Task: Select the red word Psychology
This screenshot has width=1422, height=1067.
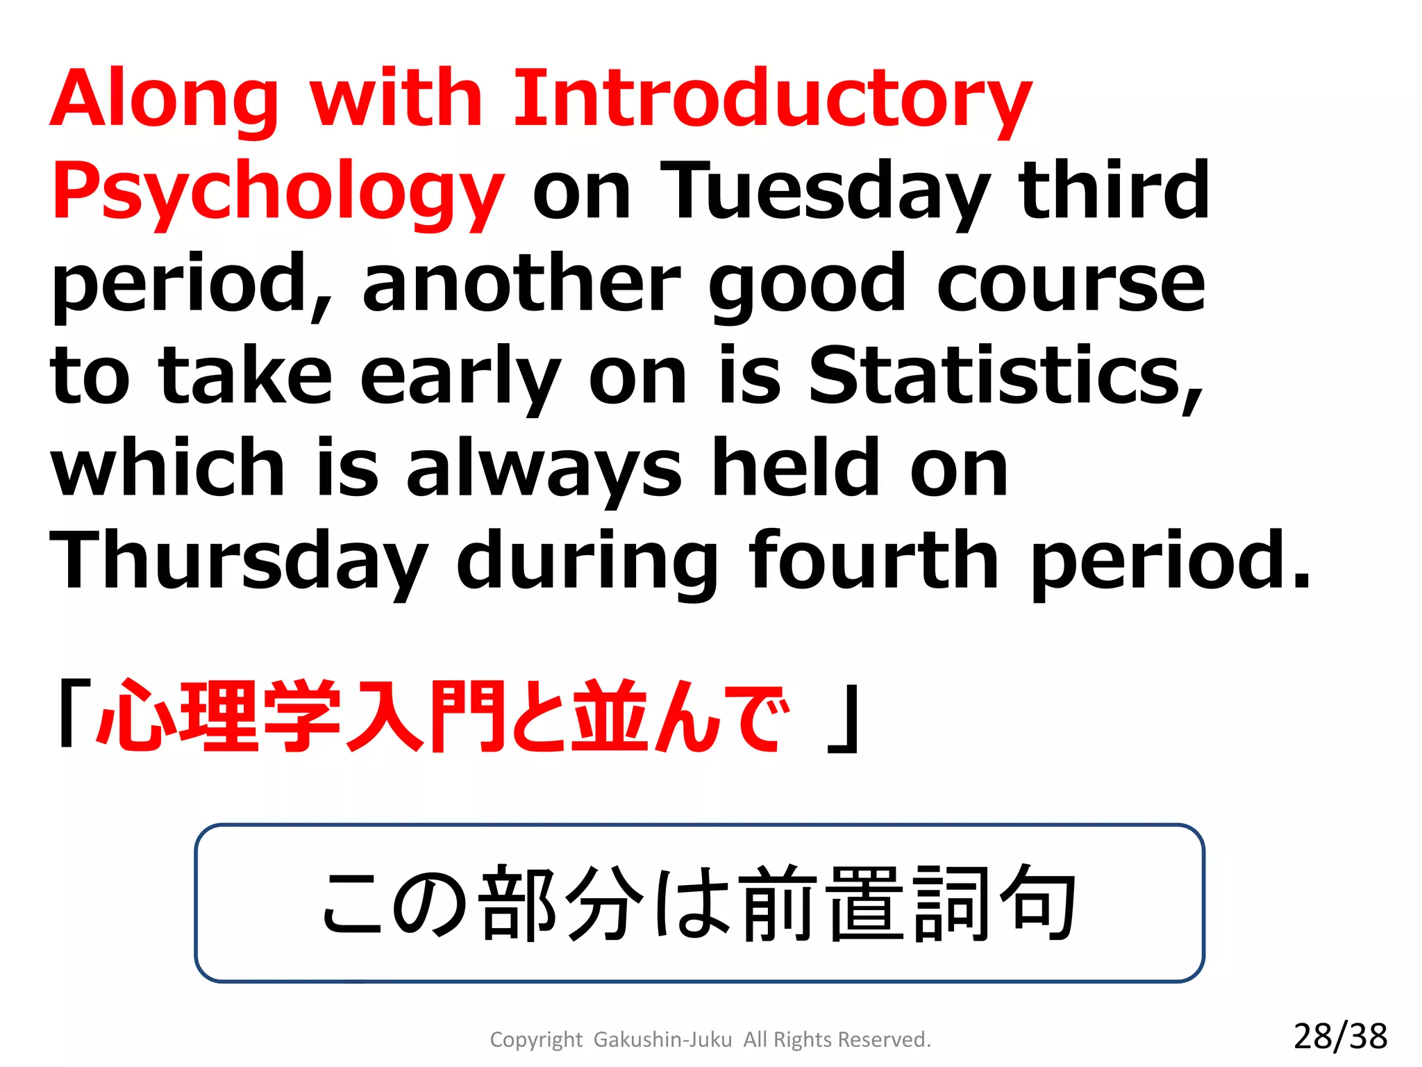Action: (x=278, y=191)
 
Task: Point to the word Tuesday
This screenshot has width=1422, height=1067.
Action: (x=825, y=191)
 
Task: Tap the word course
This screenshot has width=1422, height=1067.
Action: (x=1070, y=285)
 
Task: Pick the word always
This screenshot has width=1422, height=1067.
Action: (x=544, y=469)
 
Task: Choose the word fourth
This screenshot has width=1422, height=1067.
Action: (x=873, y=560)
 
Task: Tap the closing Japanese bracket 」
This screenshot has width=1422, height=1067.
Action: (x=844, y=720)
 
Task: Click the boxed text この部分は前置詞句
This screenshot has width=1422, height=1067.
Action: (x=699, y=903)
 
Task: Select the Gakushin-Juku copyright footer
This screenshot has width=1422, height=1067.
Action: (x=710, y=1039)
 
